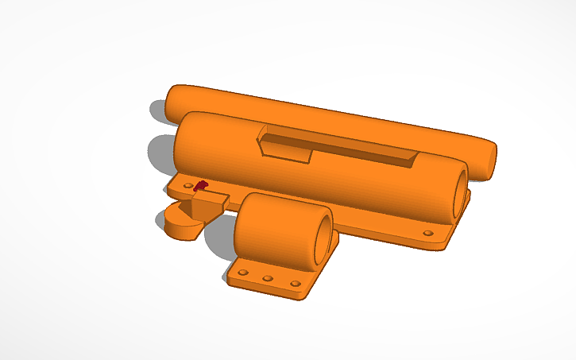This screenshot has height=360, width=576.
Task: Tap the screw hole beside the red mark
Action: (x=188, y=186)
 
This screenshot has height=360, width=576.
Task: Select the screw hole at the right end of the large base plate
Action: (x=428, y=234)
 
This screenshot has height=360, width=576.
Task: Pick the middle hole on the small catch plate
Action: (x=268, y=278)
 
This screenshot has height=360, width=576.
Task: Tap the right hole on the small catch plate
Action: (x=295, y=283)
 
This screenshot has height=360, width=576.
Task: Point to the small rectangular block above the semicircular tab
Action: (x=208, y=204)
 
